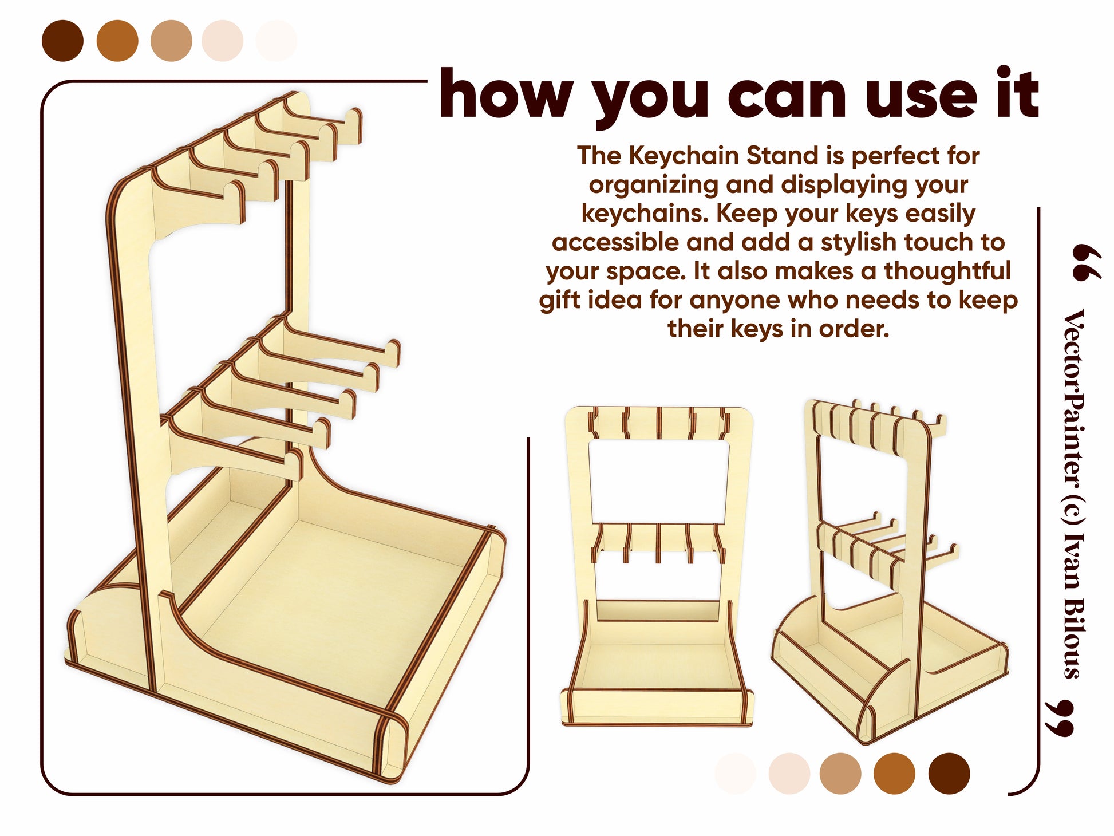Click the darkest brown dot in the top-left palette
point(62,41)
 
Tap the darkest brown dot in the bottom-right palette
point(949,774)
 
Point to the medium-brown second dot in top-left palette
point(117,41)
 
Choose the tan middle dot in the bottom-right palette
point(840,774)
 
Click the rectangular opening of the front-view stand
point(658,481)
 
